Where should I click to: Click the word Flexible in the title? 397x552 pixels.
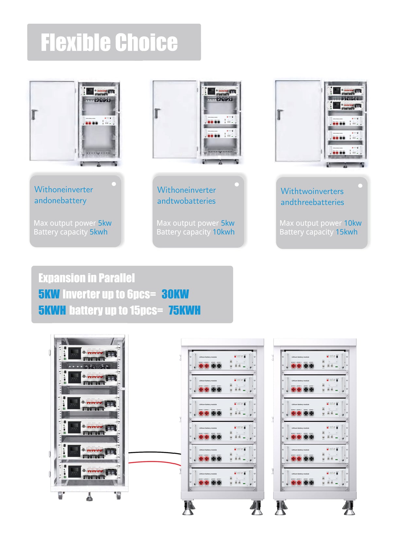pyautogui.click(x=75, y=43)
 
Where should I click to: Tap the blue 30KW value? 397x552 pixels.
pyautogui.click(x=175, y=294)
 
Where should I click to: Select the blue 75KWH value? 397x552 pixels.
pyautogui.click(x=184, y=310)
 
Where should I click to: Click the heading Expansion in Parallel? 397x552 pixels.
pyautogui.click(x=86, y=278)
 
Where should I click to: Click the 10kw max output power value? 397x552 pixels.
pyautogui.click(x=353, y=223)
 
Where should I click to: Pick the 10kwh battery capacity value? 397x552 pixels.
pyautogui.click(x=224, y=232)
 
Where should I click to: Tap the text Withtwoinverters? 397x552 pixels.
pyautogui.click(x=312, y=191)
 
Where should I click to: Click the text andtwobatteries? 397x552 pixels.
pyautogui.click(x=186, y=201)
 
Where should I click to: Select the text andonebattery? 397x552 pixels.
pyautogui.click(x=60, y=200)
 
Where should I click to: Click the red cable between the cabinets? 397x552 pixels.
pyautogui.click(x=154, y=462)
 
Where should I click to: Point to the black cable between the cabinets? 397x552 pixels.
pyautogui.click(x=154, y=453)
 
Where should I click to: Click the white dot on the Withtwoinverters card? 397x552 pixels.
pyautogui.click(x=360, y=186)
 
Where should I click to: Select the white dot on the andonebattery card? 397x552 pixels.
pyautogui.click(x=114, y=184)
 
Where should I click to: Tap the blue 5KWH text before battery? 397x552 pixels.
pyautogui.click(x=52, y=310)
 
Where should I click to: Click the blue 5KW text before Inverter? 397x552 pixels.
pyautogui.click(x=49, y=294)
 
